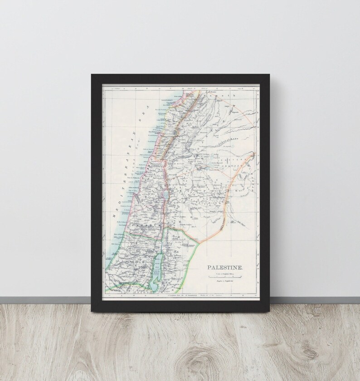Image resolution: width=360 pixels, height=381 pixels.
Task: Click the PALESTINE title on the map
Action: tap(225, 268)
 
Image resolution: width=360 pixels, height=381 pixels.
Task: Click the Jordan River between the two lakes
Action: tap(163, 227)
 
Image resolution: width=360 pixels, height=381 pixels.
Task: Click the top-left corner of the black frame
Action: tap(92, 74)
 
